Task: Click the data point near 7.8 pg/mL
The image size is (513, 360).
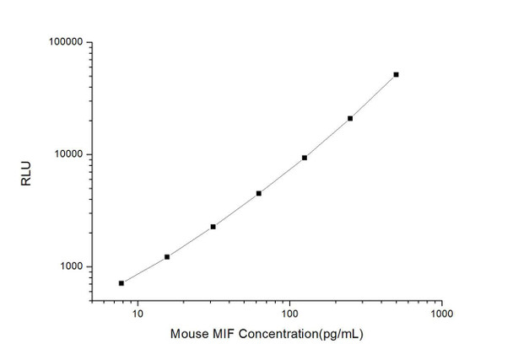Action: [x=121, y=283]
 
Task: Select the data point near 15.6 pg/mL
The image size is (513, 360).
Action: [x=167, y=256]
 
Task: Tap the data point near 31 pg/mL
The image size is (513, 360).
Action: [x=213, y=227]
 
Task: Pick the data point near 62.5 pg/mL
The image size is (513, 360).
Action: [x=259, y=193]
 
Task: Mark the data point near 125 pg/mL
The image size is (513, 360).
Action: [x=305, y=158]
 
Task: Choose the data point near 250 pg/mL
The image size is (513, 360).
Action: [x=350, y=118]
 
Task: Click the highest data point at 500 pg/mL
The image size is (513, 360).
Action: [x=396, y=74]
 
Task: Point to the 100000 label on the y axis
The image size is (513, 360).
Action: [x=63, y=42]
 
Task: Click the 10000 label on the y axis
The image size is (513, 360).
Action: [x=66, y=154]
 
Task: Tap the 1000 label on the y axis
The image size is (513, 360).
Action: [x=68, y=267]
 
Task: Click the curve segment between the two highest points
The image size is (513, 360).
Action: [x=373, y=97]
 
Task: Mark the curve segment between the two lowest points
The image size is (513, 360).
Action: [x=144, y=270]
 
